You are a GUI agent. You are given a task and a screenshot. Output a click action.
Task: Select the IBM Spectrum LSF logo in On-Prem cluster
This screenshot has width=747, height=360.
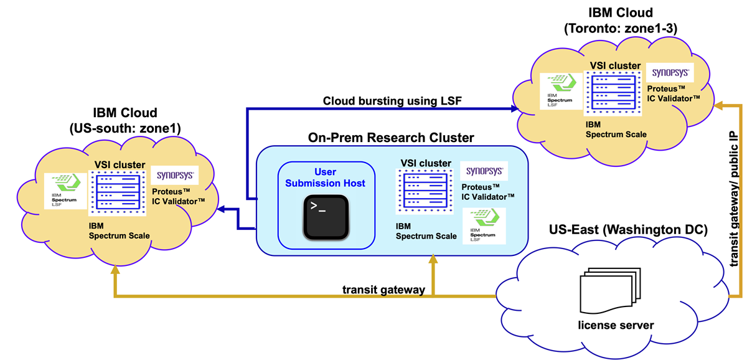point(484,225)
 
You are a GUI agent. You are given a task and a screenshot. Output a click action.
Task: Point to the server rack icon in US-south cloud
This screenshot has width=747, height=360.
point(116,193)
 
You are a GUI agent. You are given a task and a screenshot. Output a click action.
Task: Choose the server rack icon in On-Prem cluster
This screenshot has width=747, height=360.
point(425,191)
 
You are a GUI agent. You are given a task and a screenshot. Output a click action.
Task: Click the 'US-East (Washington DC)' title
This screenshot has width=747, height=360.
point(628,230)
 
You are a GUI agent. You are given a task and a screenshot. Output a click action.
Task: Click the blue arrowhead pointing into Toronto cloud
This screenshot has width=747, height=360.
point(515,109)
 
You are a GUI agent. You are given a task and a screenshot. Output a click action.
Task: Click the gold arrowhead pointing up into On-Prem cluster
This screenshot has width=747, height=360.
point(433,259)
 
